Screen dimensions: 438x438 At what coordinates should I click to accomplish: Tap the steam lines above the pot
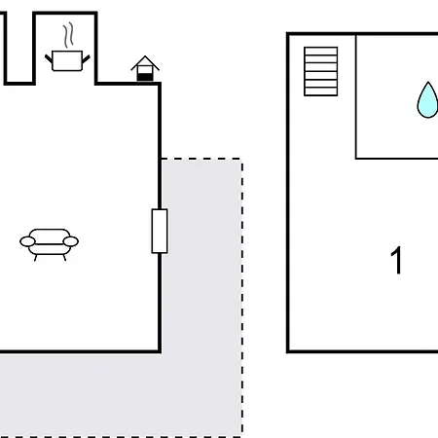(x=68, y=35)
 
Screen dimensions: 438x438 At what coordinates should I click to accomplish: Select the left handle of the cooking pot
(x=49, y=59)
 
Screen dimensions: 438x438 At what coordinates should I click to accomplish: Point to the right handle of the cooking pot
(x=86, y=59)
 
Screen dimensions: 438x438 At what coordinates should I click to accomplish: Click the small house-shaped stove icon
(x=145, y=68)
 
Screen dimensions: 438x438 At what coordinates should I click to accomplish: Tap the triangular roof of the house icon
(x=145, y=62)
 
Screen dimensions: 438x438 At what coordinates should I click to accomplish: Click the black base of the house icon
(x=145, y=77)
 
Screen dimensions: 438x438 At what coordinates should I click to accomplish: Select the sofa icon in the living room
(x=49, y=244)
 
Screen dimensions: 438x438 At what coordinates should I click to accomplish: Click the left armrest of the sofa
(x=27, y=241)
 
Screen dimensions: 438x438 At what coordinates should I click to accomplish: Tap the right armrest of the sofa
(x=71, y=241)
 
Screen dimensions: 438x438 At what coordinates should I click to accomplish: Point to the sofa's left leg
(x=36, y=258)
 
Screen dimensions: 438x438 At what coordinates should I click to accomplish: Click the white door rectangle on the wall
(x=160, y=231)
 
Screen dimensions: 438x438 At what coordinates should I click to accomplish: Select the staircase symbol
(x=321, y=71)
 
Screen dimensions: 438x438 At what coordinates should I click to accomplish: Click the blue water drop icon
(x=427, y=100)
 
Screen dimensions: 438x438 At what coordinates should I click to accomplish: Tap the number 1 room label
(x=396, y=260)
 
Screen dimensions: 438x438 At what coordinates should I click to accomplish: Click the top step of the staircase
(x=321, y=52)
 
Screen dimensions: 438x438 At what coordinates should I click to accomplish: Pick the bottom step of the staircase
(x=321, y=91)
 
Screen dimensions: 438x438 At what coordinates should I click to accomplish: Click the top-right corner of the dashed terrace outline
(x=242, y=159)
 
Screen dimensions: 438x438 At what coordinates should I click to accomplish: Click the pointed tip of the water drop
(x=428, y=82)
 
